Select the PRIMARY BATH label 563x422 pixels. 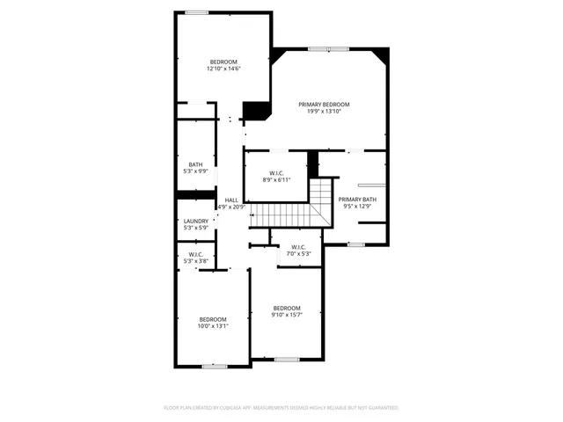tap(357, 200)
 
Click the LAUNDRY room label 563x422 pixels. tap(196, 222)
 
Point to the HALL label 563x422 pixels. tap(231, 200)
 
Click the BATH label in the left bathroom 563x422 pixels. tap(195, 164)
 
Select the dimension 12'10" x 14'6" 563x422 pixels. tap(223, 68)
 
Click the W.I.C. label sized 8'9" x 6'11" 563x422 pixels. tap(275, 173)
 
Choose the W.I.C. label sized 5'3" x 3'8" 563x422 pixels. tap(195, 254)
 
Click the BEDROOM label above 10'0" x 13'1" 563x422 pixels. tap(213, 319)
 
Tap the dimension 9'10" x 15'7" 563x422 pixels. tap(287, 315)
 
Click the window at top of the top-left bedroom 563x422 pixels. tap(197, 11)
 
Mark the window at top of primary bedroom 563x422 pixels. tap(324, 48)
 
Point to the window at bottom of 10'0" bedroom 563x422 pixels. tap(215, 366)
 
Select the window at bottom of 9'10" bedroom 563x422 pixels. tap(286, 359)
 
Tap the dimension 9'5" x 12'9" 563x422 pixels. tap(357, 207)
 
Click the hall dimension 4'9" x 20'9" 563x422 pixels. tap(231, 207)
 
